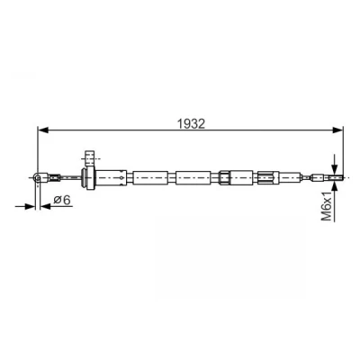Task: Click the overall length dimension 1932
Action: point(191,123)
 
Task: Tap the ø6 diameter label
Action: point(63,200)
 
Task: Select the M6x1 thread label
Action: point(327,207)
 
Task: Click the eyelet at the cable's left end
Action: point(38,177)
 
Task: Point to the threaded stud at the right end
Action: point(336,177)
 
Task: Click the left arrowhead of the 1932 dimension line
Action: point(42,130)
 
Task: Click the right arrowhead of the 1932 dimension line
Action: point(337,130)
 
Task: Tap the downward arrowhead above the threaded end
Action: point(335,169)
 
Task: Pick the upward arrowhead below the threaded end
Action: point(335,186)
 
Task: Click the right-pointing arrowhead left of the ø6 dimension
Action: point(30,206)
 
